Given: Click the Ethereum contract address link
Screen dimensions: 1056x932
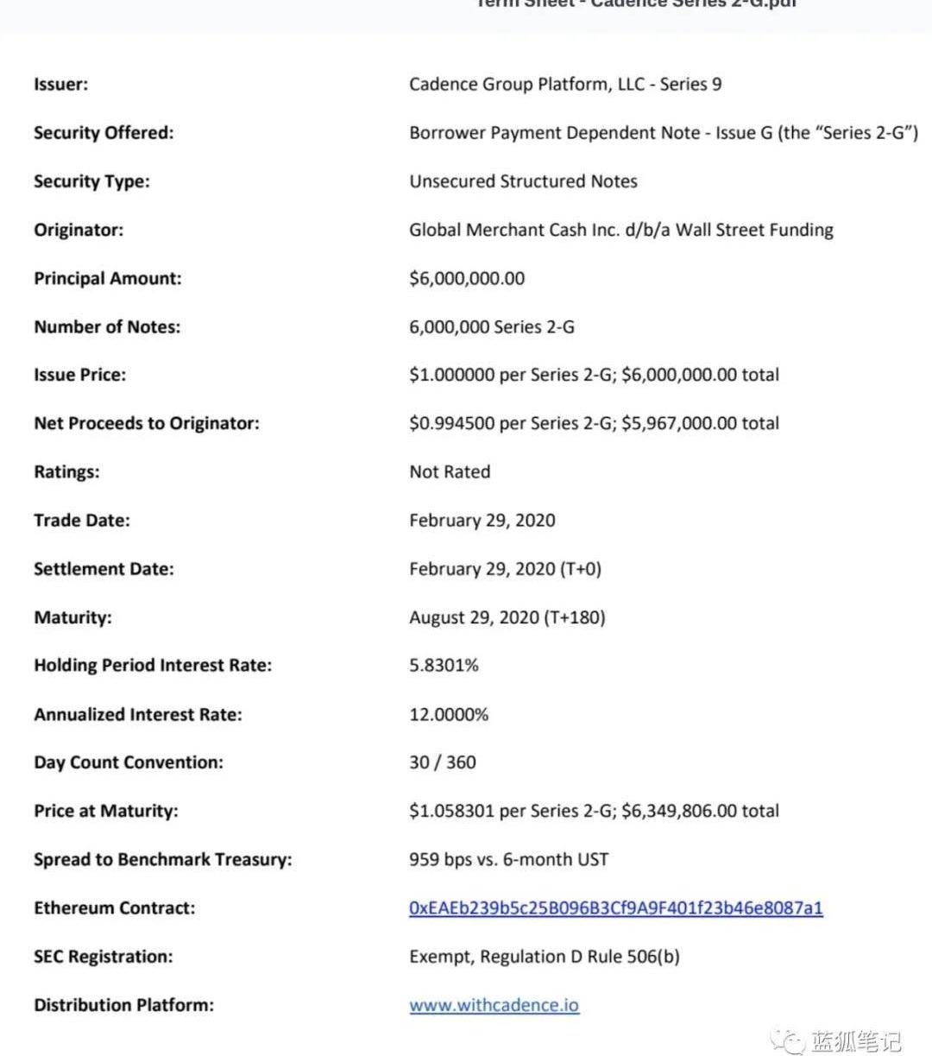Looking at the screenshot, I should [x=615, y=908].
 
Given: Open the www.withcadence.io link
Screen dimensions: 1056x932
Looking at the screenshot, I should [x=494, y=1005].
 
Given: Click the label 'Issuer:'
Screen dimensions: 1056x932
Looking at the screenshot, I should [x=60, y=85].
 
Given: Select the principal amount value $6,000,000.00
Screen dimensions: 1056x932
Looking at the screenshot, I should [x=467, y=278].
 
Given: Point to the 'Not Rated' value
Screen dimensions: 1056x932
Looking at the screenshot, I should [x=450, y=471].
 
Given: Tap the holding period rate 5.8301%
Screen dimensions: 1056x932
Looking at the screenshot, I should [x=444, y=666].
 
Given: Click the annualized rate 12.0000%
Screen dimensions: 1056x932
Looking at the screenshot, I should [x=449, y=714].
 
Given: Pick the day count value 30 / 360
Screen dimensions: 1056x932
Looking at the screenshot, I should [x=443, y=762].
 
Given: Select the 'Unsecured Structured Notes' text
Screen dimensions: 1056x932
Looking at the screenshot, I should [x=523, y=181].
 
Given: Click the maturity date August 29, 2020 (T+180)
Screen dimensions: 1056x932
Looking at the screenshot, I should [x=507, y=617].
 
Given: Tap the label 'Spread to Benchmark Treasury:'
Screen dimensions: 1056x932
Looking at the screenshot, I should [x=163, y=860].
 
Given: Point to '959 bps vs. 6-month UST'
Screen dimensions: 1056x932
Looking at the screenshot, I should [x=508, y=860].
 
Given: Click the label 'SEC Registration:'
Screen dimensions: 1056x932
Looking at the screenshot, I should [x=104, y=957].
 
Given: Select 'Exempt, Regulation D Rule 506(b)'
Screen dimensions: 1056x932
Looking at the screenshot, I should [x=545, y=957].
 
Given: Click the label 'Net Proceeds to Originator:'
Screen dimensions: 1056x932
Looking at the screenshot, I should [x=147, y=423].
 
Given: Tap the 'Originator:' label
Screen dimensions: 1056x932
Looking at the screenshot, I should [x=79, y=230].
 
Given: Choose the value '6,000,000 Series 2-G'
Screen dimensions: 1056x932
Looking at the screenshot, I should [x=492, y=327].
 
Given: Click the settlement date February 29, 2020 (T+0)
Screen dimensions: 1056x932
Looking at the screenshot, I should [x=506, y=569].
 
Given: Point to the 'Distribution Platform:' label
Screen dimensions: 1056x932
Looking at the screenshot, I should [x=124, y=1005].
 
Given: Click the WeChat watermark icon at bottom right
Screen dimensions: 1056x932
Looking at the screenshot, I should [x=787, y=1040].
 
